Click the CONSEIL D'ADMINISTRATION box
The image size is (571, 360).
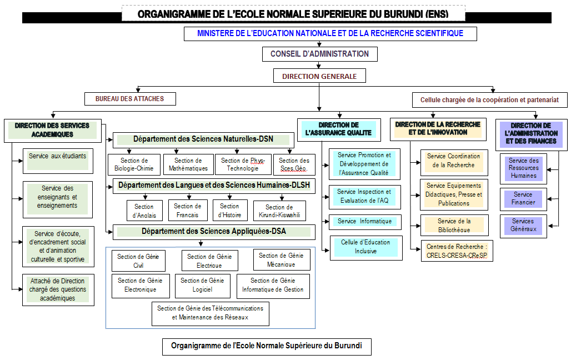tap(320, 54)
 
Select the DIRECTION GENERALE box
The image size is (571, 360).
tap(319, 76)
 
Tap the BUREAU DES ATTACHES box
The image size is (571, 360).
tap(130, 99)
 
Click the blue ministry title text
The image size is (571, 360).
tap(330, 33)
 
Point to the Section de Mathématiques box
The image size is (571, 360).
tap(188, 164)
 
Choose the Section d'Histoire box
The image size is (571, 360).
tap(230, 210)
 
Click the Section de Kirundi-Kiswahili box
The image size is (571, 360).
tap(279, 211)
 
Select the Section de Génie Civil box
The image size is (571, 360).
tap(138, 261)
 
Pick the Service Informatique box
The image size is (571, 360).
tap(365, 222)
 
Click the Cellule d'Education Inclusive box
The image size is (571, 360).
tap(366, 248)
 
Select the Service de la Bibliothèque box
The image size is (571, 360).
tap(454, 225)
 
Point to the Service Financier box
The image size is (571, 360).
tap(523, 199)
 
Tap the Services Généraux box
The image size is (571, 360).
tap(523, 226)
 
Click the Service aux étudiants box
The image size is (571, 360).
tap(58, 161)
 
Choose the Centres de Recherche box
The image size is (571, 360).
tap(457, 251)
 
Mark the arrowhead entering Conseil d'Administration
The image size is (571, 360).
tap(319, 44)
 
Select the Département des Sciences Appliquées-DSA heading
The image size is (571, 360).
tap(214, 232)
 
